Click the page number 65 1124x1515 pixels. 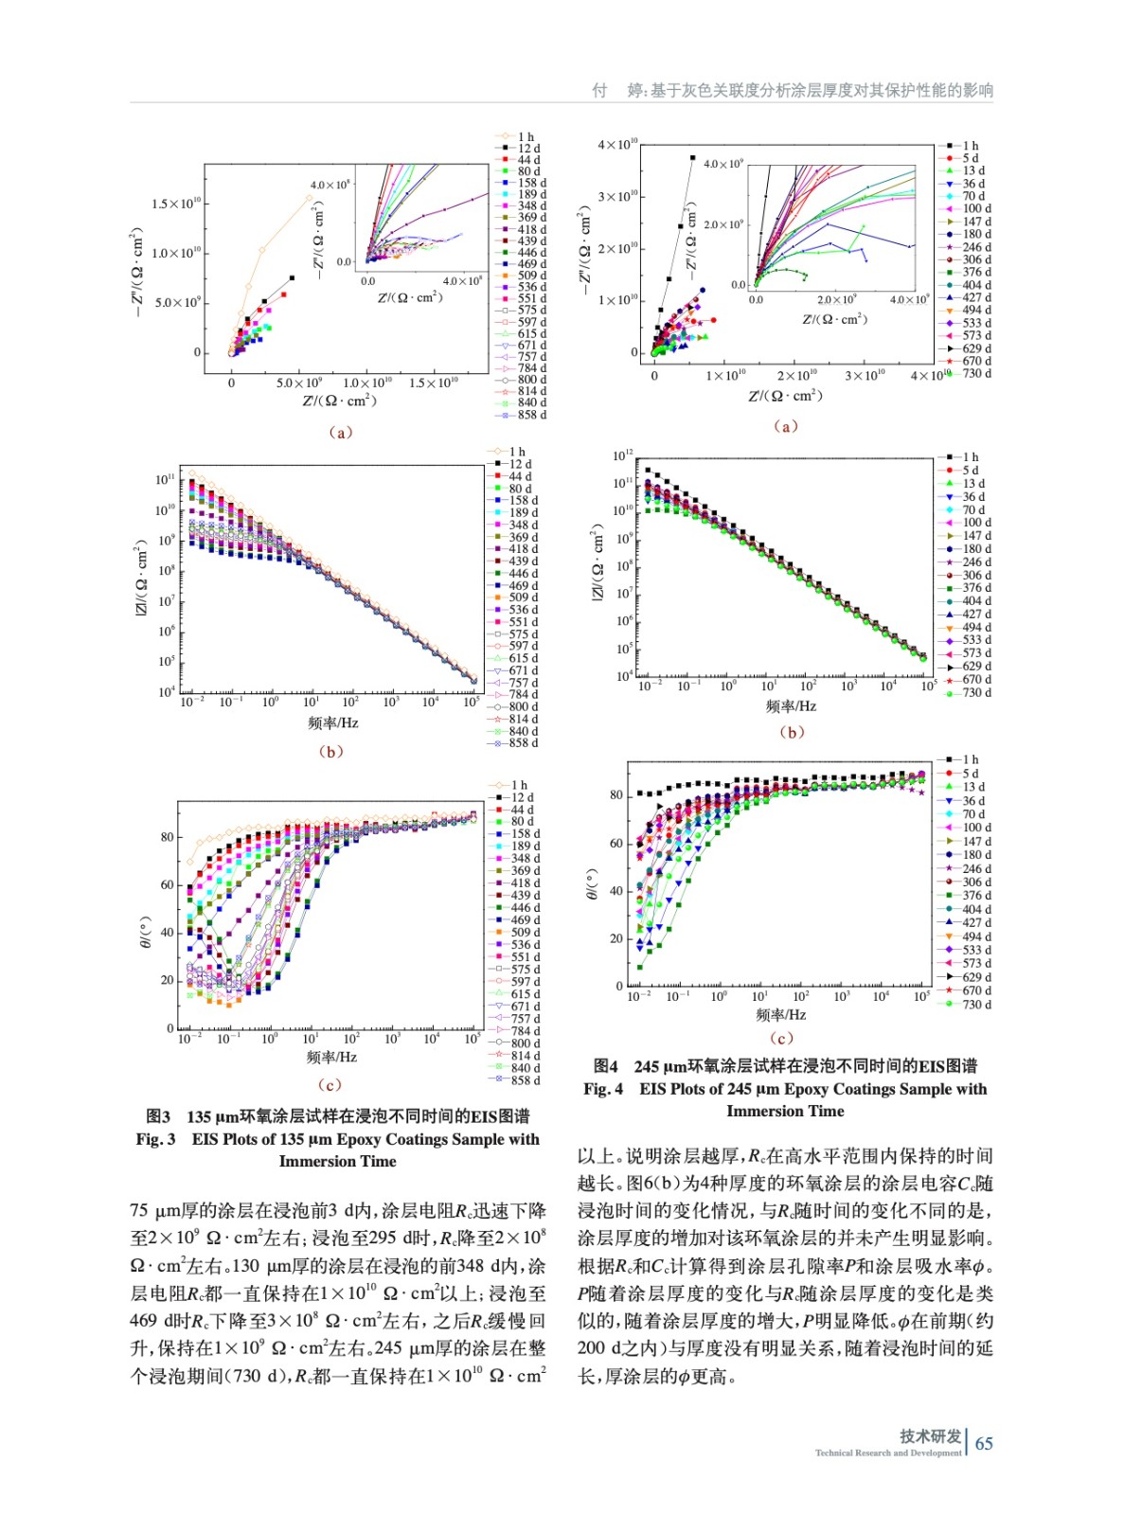[x=984, y=1443]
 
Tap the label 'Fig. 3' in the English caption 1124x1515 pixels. [x=155, y=1139]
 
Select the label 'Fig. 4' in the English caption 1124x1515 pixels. [x=603, y=1089]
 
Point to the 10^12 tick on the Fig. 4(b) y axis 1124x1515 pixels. [x=621, y=456]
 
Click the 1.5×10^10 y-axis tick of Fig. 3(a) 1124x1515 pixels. [x=176, y=204]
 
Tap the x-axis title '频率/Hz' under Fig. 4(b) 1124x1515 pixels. [x=791, y=706]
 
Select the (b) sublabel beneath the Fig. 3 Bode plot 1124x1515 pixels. [x=330, y=752]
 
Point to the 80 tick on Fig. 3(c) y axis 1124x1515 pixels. [x=168, y=837]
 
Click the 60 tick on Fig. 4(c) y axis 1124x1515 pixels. [x=616, y=843]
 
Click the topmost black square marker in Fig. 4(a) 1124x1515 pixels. [x=692, y=158]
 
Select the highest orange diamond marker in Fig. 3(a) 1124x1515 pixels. [x=310, y=198]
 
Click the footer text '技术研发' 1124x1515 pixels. [x=930, y=1435]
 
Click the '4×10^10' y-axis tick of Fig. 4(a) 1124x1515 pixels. [x=617, y=145]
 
